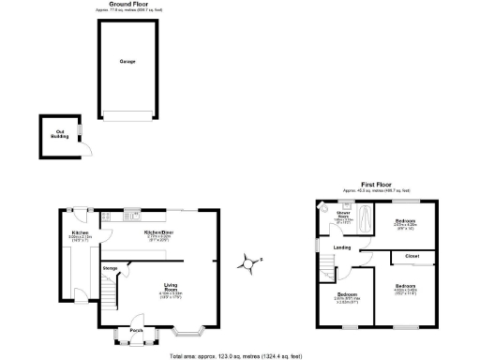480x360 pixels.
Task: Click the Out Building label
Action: tap(59, 134)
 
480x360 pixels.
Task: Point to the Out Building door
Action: tap(82, 148)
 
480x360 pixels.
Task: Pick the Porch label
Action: tap(136, 330)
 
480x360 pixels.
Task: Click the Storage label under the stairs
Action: tap(109, 268)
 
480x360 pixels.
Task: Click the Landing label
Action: tap(342, 247)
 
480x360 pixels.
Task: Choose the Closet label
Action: tap(412, 254)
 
